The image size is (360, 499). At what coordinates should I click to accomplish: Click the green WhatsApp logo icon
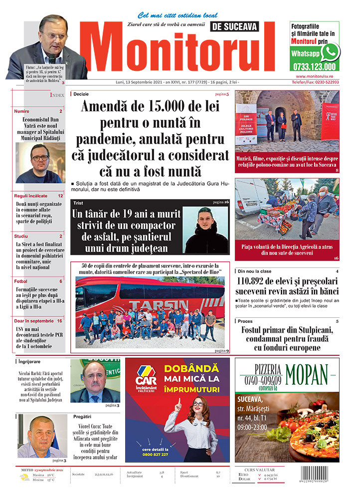click(331, 52)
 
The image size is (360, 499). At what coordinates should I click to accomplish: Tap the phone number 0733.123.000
click(314, 66)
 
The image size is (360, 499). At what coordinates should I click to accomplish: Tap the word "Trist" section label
click(78, 203)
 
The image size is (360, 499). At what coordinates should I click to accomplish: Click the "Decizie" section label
click(81, 94)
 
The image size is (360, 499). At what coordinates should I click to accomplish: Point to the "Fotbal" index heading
click(21, 281)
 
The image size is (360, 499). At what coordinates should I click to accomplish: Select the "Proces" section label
click(245, 321)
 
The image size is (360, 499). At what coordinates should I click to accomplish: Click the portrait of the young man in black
click(205, 230)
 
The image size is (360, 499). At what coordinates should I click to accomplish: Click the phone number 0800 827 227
click(155, 455)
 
